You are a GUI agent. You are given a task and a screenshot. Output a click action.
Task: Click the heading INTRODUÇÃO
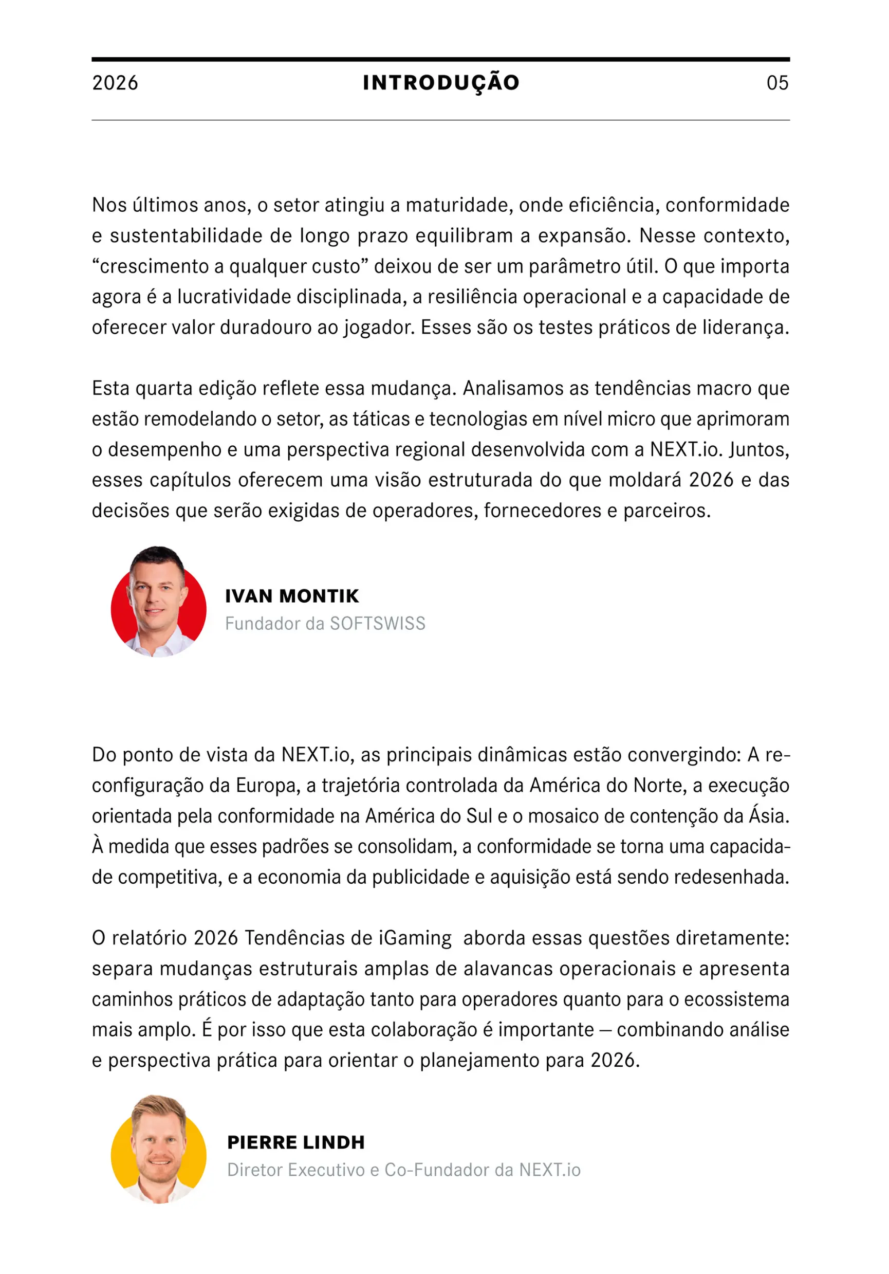[441, 83]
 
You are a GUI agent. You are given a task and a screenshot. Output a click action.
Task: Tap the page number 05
[777, 83]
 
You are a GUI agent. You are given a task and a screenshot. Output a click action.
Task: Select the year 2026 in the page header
[115, 83]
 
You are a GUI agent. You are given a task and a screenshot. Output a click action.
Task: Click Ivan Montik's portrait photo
[158, 602]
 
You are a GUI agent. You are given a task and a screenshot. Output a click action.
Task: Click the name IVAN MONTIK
[292, 596]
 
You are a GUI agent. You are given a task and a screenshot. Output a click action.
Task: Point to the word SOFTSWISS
[378, 624]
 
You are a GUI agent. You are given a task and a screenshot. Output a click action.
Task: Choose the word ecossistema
[736, 999]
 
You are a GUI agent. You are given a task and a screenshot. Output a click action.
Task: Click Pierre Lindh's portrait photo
[158, 1150]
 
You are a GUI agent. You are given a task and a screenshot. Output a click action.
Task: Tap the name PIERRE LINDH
[295, 1142]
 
